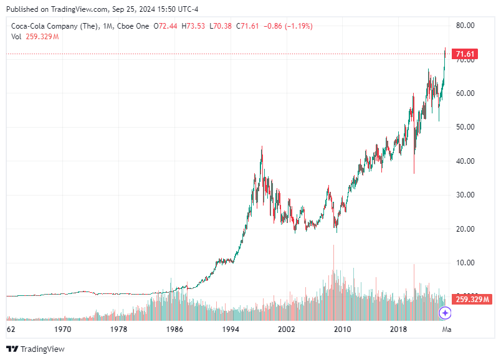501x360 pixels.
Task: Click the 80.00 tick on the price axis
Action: tap(465, 26)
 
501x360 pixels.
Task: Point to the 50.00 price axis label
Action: tap(465, 127)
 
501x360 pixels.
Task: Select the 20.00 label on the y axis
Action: tap(465, 229)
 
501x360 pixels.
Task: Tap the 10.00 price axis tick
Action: tap(465, 263)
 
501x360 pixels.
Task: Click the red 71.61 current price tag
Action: tap(465, 54)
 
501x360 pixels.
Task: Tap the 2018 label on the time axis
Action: tap(398, 329)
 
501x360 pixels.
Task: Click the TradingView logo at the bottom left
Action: tap(35, 349)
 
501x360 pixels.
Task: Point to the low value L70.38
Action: tap(221, 26)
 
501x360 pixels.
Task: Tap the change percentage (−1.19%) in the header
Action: tap(298, 26)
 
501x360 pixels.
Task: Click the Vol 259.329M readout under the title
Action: tap(35, 37)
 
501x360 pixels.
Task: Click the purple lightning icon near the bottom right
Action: tap(445, 313)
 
